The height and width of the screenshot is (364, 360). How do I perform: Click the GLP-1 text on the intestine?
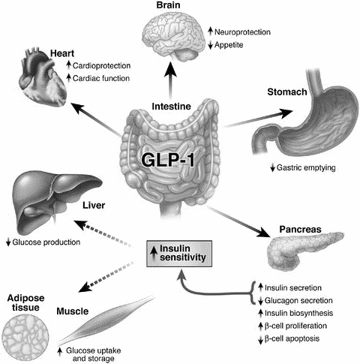(168, 160)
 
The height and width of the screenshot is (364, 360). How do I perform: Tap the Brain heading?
(168, 5)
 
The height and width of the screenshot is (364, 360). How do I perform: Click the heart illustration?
(42, 77)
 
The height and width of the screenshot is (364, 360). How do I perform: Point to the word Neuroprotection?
(242, 32)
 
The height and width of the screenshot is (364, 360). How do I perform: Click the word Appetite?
(229, 45)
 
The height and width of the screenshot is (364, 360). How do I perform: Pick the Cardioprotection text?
(101, 66)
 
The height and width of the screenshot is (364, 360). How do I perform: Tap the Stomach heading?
(287, 92)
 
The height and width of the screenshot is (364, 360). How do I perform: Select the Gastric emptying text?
(306, 167)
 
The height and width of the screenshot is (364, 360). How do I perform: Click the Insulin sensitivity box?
(179, 254)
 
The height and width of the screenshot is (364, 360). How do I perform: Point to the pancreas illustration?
(304, 249)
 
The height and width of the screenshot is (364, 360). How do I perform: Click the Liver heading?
(94, 206)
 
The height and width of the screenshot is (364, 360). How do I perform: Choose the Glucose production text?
(46, 242)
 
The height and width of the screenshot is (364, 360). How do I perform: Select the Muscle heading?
(73, 311)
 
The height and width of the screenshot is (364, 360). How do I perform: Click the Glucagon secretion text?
(298, 300)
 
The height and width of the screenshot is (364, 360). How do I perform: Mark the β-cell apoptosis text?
(292, 338)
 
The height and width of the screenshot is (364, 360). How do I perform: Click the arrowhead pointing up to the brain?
(171, 70)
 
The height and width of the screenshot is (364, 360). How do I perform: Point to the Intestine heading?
(171, 107)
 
